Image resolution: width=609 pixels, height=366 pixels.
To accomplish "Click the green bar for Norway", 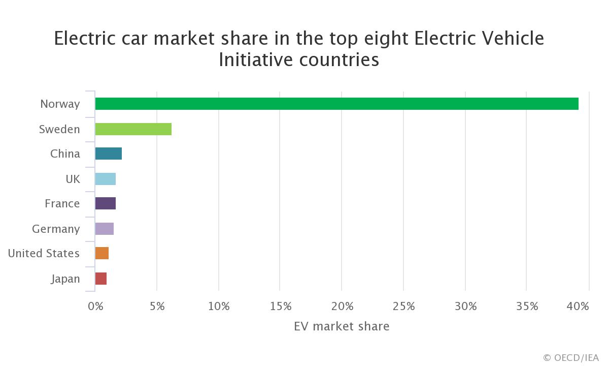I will coord(336,104).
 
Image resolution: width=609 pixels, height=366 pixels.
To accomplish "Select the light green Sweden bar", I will coord(133,129).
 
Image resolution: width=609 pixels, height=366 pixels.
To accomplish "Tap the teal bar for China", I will coord(108,154).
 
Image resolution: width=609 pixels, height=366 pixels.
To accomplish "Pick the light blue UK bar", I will coord(105,179).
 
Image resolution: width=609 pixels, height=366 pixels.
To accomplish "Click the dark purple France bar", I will coord(105,203).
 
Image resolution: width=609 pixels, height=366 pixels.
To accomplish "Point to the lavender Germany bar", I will coord(104,229).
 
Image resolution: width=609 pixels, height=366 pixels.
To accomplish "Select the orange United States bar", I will coord(101,253).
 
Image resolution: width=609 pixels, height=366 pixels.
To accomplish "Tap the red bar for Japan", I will coord(100,279).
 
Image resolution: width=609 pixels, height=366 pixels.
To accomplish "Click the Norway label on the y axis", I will coord(60,104).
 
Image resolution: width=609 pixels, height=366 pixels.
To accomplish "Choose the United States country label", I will coord(44,253).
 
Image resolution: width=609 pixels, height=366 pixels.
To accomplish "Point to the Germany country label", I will coord(56,229).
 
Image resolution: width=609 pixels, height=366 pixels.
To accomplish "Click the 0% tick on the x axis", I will coord(95,307).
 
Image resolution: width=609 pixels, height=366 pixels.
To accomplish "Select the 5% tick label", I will coord(157,307).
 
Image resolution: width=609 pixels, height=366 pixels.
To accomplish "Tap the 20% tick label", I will coord(342,307).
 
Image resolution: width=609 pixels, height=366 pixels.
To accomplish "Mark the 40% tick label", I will coord(578,307).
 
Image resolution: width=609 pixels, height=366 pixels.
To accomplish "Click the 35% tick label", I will coord(527,307).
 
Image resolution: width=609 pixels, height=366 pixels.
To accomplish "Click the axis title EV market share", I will coord(342,326).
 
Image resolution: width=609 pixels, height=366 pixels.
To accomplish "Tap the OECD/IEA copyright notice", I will coord(571,358).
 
